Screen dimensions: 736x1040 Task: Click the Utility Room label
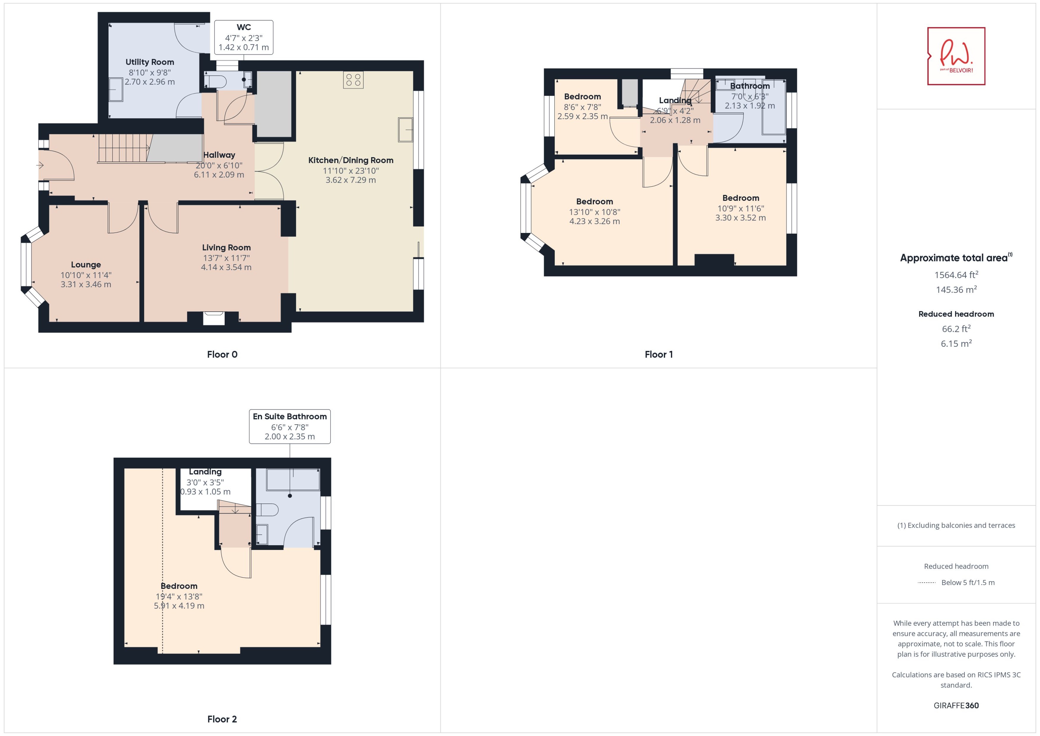(x=149, y=62)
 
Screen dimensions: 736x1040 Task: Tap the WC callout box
(x=243, y=37)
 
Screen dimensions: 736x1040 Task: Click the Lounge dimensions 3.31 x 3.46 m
(x=86, y=285)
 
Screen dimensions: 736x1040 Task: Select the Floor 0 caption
(x=222, y=354)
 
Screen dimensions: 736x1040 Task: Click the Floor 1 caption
(x=658, y=354)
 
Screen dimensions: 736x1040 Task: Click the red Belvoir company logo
(x=956, y=56)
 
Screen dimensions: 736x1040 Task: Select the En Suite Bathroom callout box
(x=290, y=426)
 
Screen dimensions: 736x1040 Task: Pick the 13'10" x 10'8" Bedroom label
(x=595, y=202)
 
